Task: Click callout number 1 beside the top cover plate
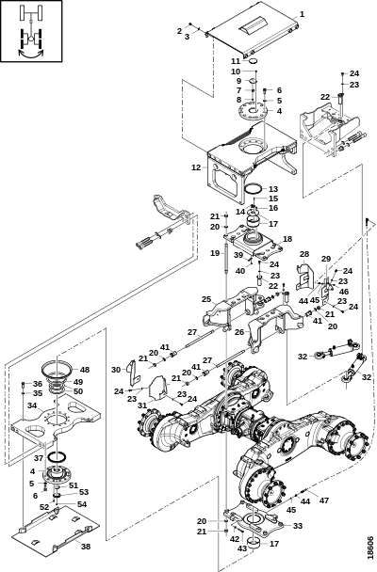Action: coord(302,14)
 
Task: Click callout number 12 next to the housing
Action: coord(195,167)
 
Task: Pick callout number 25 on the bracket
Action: coord(206,299)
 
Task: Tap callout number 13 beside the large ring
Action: coord(273,189)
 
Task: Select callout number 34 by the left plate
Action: coord(32,406)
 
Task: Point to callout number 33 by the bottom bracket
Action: coord(297,525)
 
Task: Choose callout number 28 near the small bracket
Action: coord(304,254)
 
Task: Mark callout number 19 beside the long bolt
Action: coord(215,253)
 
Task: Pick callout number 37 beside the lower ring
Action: coord(39,457)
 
